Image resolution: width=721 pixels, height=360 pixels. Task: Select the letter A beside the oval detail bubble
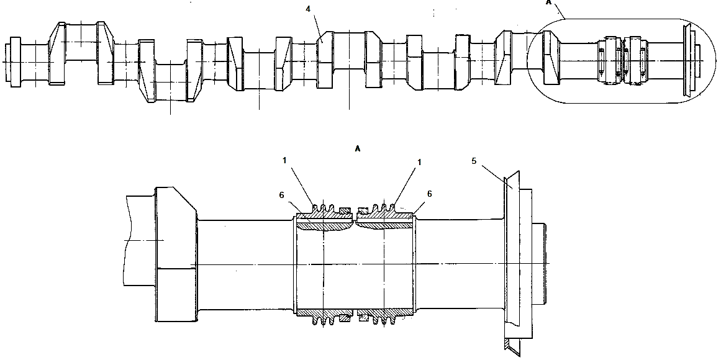coord(548,2)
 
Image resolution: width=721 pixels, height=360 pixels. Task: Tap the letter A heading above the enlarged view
coord(358,149)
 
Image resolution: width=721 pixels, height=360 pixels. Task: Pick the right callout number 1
coord(419,162)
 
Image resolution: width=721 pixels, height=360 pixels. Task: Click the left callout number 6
coord(281,195)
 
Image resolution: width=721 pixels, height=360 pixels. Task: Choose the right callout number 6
coord(430,194)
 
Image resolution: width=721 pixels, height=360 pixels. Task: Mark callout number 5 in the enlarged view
coord(474,161)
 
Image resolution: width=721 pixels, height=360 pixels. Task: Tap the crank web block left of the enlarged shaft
coord(177,254)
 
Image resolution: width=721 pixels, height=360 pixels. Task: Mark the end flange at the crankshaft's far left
coord(13,62)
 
